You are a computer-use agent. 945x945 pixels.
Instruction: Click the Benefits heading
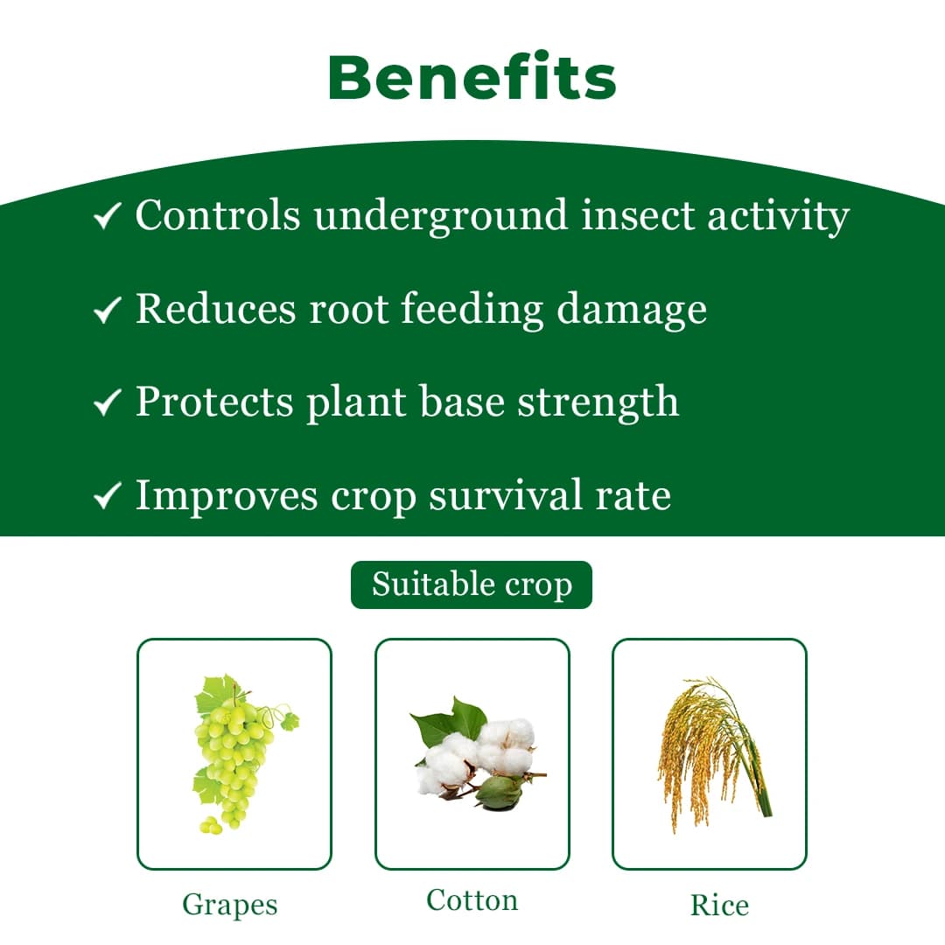coord(472,78)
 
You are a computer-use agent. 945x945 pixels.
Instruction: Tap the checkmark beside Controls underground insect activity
coord(107,216)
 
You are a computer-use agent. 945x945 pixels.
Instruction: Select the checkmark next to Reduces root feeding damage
coord(107,309)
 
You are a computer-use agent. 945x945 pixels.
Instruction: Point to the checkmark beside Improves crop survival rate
coord(107,496)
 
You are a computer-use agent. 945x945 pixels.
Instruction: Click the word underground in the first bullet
coord(441,216)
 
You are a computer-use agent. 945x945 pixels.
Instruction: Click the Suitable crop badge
coord(472,584)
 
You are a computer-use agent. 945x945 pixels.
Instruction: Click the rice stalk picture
coord(710,752)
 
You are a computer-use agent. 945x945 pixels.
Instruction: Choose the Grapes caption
coord(229,904)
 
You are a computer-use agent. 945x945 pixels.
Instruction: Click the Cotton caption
coord(472,899)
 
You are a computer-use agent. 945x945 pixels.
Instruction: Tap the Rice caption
coord(719,905)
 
